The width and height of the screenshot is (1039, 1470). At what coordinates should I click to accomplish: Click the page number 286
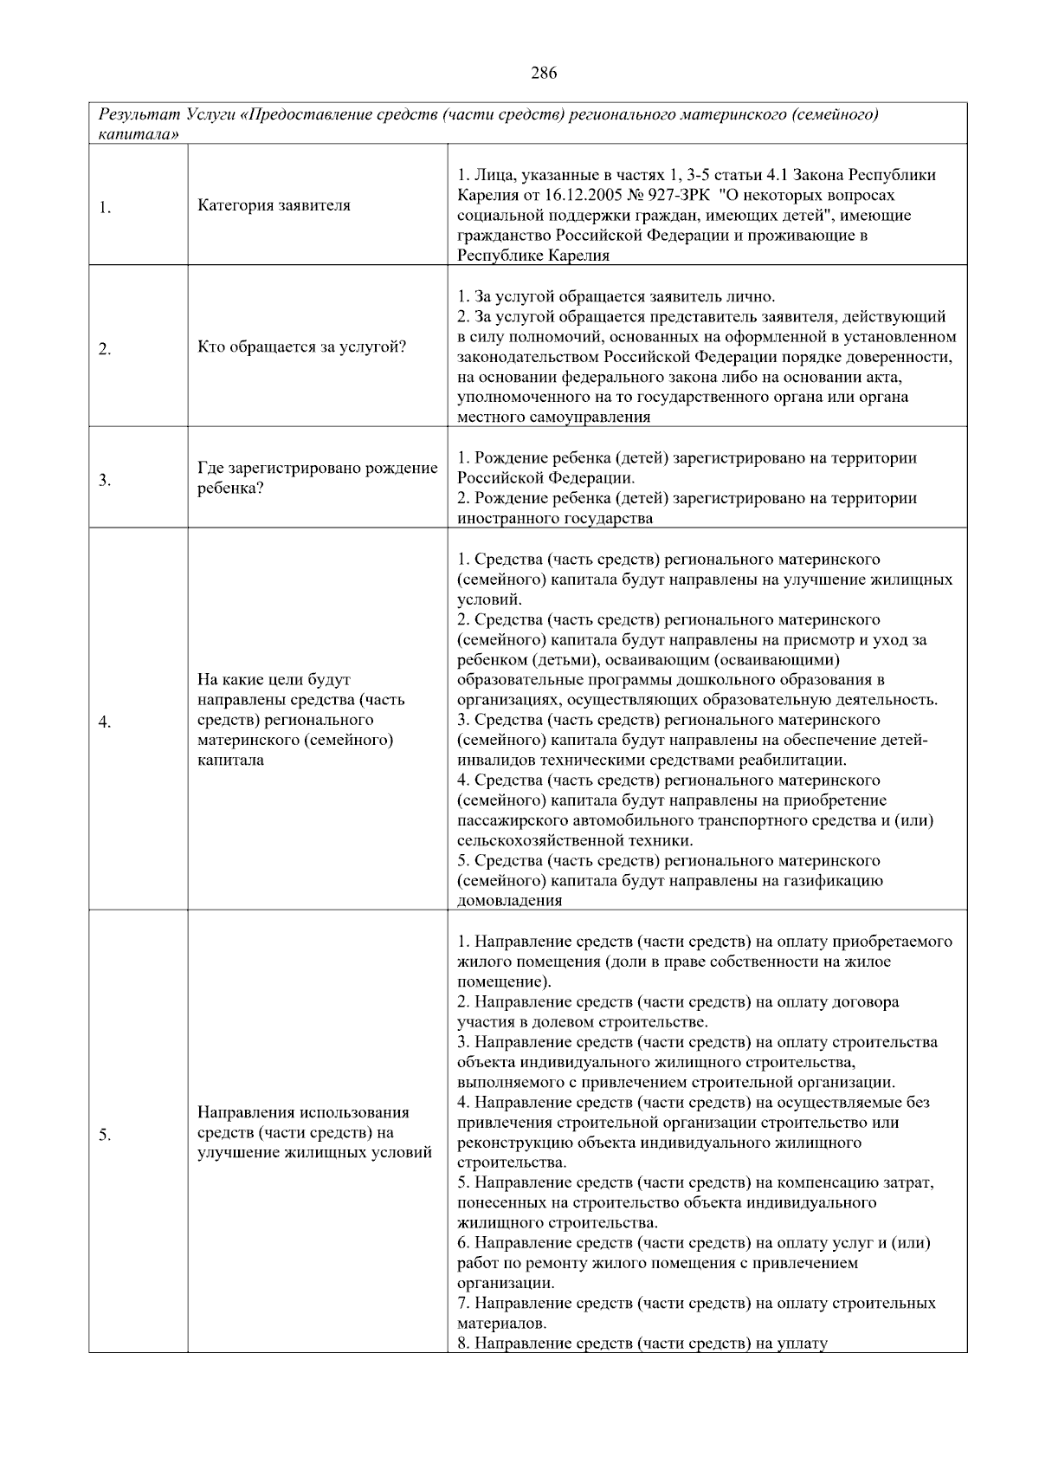coord(543,73)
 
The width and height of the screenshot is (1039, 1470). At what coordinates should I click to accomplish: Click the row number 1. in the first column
coord(105,207)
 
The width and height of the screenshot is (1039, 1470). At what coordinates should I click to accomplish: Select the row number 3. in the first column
coord(105,480)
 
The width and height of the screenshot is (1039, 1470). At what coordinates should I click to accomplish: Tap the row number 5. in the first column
coord(105,1136)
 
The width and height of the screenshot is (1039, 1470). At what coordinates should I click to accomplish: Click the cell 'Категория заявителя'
coord(274,205)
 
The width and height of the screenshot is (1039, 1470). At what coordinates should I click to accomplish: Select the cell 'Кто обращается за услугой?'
coord(301,347)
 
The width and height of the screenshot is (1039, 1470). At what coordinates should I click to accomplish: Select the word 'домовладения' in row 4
coord(509,901)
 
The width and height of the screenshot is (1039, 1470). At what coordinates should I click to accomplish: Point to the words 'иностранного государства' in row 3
coord(555,518)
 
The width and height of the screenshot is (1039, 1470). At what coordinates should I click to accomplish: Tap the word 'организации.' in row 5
coord(506,1284)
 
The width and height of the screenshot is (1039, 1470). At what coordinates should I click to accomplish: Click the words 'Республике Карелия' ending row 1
coord(533,256)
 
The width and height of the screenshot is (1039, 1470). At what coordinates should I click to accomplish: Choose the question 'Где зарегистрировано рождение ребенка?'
coord(317,478)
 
